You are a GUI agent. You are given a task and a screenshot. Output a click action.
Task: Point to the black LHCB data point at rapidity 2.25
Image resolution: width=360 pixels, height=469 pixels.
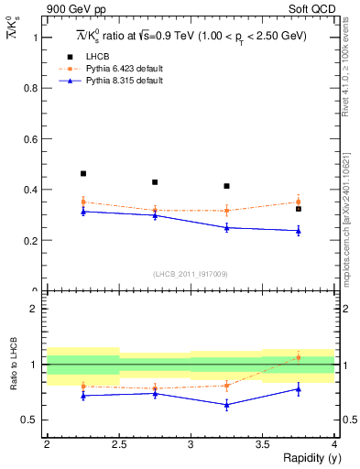[82, 173]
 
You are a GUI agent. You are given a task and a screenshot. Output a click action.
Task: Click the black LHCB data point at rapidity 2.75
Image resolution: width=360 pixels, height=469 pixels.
[155, 182]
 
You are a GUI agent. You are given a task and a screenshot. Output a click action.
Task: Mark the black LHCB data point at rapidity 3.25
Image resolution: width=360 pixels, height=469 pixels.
[226, 186]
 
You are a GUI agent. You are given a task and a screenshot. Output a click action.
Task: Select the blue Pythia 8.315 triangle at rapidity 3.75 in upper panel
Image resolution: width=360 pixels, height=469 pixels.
[299, 231]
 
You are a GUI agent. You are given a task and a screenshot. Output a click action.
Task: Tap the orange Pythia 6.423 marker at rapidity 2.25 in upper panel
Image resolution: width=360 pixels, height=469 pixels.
[82, 202]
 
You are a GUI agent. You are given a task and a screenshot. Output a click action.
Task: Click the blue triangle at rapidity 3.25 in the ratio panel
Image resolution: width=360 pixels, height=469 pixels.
[226, 404]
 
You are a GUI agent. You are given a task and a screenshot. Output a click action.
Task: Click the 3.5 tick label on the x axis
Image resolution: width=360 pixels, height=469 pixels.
[262, 443]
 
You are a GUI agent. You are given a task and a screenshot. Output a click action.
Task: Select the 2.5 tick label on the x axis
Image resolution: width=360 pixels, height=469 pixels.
[118, 443]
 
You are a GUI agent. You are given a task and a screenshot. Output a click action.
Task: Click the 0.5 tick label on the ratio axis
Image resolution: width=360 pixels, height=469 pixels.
[30, 420]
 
